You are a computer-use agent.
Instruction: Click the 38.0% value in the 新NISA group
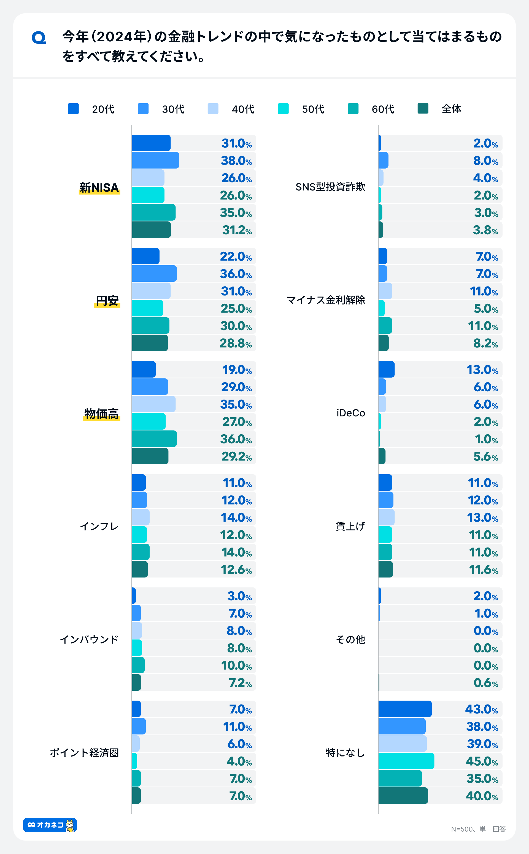236,161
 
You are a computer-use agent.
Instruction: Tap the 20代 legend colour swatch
73,109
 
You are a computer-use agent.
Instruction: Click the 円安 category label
107,300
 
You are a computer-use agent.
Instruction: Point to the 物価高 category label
101,414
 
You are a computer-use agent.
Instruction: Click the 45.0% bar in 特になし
406,761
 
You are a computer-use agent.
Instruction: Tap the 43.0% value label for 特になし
481,709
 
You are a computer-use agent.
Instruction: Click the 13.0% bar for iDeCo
386,369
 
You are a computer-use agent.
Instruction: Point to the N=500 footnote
478,829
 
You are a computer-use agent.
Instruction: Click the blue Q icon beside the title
39,37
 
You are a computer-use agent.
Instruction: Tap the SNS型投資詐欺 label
330,187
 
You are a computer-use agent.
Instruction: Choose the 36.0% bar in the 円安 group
154,273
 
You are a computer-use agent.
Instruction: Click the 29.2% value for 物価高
236,456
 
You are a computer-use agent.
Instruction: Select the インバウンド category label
89,639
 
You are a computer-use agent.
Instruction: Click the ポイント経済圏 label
84,753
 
